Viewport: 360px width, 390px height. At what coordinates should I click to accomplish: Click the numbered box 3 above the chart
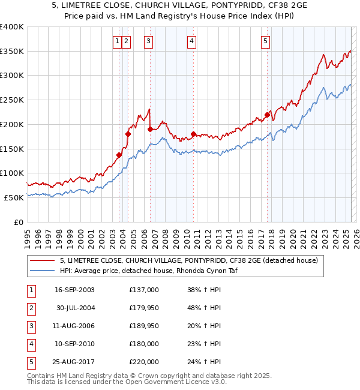(148, 41)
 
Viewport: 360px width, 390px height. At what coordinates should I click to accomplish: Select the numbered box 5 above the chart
(265, 41)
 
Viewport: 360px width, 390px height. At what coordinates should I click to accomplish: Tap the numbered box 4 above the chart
(191, 41)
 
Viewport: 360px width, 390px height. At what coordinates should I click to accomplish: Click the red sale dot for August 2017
(267, 115)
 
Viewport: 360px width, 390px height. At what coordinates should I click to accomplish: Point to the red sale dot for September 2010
(193, 134)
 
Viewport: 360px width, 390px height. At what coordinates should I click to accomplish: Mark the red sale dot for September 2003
(119, 155)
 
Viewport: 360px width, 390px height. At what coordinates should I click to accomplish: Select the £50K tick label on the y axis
(14, 197)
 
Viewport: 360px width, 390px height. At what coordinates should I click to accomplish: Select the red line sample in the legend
(42, 260)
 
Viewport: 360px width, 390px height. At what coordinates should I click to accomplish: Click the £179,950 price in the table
(143, 308)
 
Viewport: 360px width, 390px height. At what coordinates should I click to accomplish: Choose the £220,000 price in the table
(143, 362)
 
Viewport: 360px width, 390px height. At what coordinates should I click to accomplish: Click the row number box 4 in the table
(30, 344)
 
